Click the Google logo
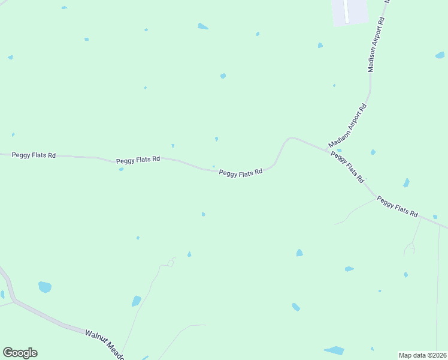click(x=20, y=353)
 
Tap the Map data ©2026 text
click(x=422, y=355)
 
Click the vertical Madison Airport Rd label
click(x=376, y=45)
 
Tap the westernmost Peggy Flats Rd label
click(x=34, y=155)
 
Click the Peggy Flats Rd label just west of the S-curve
click(x=241, y=173)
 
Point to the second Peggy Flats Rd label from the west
click(x=138, y=160)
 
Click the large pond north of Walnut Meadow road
click(x=45, y=287)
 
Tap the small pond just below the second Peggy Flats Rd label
click(x=121, y=169)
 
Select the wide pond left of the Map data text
click(x=334, y=350)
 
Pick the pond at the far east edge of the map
click(x=440, y=55)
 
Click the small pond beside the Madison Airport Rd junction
click(x=339, y=150)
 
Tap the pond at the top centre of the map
click(x=203, y=26)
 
